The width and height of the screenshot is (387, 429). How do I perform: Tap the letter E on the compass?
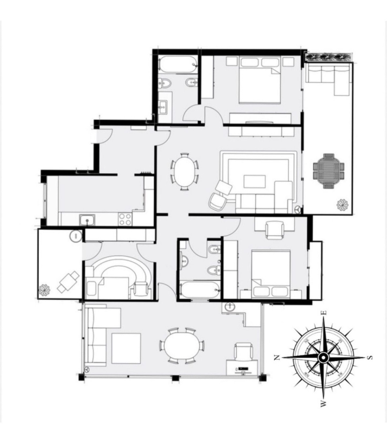(x=325, y=313)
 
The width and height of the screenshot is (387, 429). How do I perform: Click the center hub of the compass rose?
(x=323, y=357)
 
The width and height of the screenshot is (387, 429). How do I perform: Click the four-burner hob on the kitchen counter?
(x=125, y=219)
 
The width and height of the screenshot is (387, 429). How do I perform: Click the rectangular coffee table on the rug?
(x=254, y=181)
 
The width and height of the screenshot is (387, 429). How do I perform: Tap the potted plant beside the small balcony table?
(x=44, y=291)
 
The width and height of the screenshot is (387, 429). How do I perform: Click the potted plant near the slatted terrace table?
(x=341, y=205)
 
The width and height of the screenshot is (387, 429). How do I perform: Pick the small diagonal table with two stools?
(x=68, y=282)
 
